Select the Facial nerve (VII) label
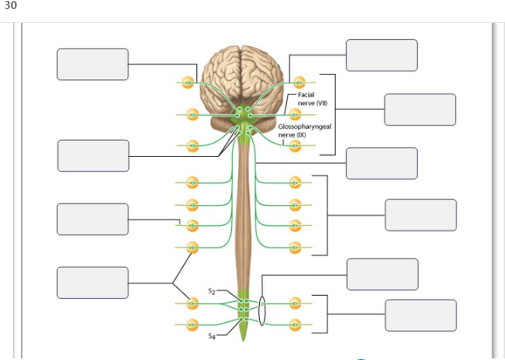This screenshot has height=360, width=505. pyautogui.click(x=309, y=99)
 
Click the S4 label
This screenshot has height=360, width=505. pyautogui.click(x=212, y=336)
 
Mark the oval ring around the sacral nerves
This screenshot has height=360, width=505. pyautogui.click(x=262, y=311)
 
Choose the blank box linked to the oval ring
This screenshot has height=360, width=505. pyautogui.click(x=382, y=274)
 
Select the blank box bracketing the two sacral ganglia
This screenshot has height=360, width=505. pyautogui.click(x=420, y=315)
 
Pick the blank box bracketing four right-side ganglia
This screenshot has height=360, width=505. pyautogui.click(x=420, y=215)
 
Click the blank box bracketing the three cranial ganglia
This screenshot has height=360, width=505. pyautogui.click(x=420, y=110)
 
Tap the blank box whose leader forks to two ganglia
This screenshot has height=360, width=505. pyautogui.click(x=93, y=283)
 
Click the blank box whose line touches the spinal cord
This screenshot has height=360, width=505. pyautogui.click(x=382, y=163)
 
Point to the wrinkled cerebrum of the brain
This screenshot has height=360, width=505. pyautogui.click(x=241, y=74)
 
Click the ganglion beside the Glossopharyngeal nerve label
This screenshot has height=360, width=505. pyautogui.click(x=295, y=146)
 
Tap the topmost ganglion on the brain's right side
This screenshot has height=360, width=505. pyautogui.click(x=299, y=82)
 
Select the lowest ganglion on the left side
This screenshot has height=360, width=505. pyautogui.click(x=192, y=325)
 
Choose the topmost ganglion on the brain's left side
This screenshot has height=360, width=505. pyautogui.click(x=187, y=82)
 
